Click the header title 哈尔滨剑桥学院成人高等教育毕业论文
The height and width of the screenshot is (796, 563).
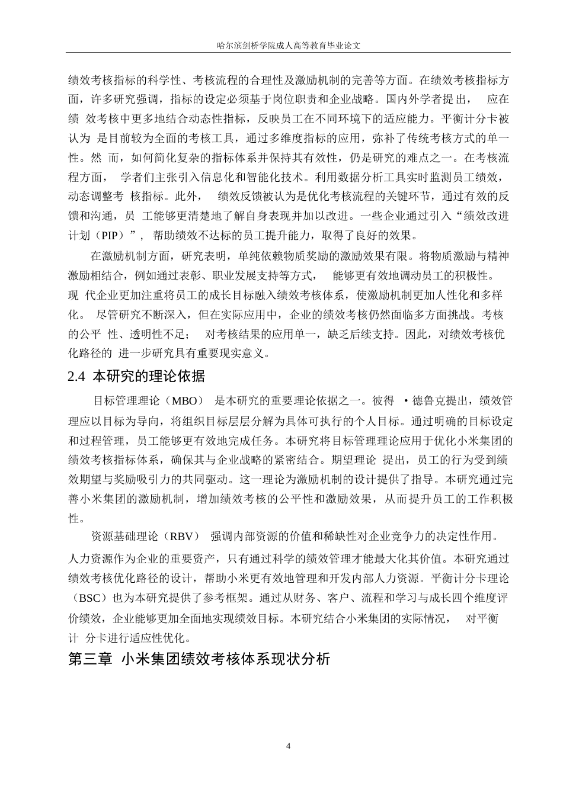(289, 45)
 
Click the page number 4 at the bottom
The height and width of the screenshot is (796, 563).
(289, 746)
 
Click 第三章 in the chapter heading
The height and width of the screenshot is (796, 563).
(91, 659)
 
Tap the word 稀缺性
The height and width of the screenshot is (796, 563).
(341, 537)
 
